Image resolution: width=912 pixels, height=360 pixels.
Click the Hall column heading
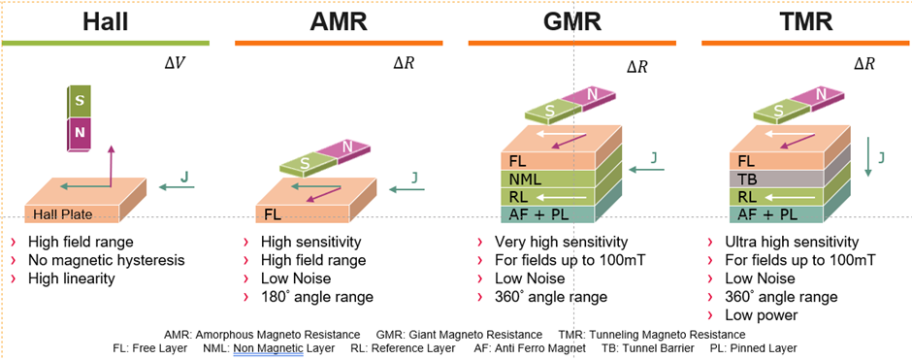[105, 20]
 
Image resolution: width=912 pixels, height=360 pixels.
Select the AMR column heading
[339, 20]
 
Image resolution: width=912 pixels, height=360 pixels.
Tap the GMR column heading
[571, 20]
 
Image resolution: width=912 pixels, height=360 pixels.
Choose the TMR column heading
[804, 20]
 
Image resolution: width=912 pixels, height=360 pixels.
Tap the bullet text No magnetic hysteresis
[106, 260]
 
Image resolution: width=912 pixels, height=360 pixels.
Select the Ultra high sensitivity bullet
[793, 242]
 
